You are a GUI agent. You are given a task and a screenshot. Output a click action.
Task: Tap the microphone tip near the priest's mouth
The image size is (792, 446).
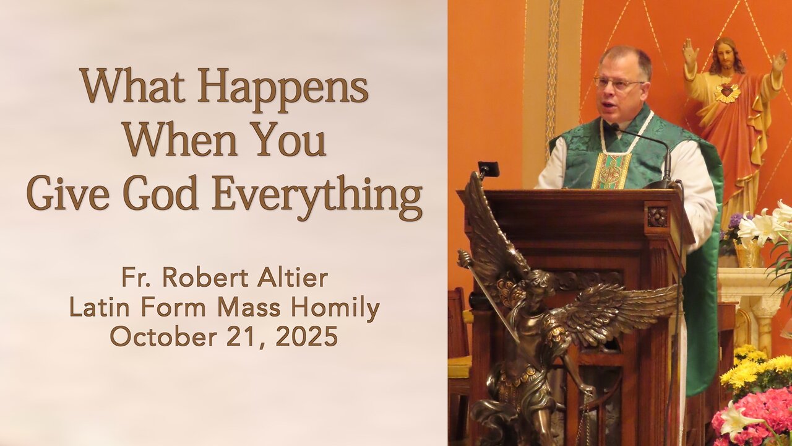click(x=614, y=126)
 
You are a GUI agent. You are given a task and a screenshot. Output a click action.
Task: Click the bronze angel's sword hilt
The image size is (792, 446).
click(x=464, y=258)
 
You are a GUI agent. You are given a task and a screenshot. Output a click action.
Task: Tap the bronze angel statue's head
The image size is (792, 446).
click(x=537, y=282)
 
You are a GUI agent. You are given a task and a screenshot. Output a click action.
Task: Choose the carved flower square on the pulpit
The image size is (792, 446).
click(x=656, y=217)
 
